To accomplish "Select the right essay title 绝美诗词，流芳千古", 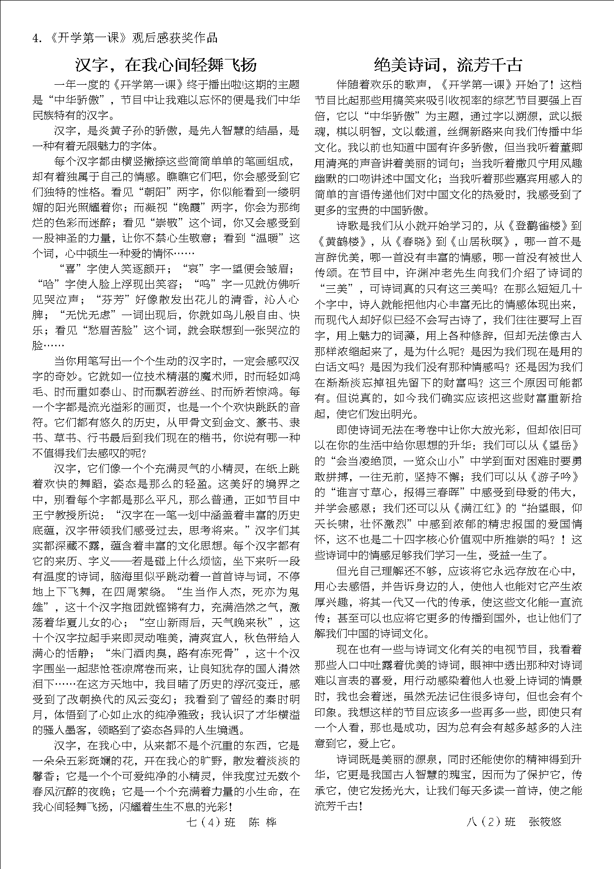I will [448, 65].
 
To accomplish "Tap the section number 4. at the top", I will [36, 38].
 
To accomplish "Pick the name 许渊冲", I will [422, 273].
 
